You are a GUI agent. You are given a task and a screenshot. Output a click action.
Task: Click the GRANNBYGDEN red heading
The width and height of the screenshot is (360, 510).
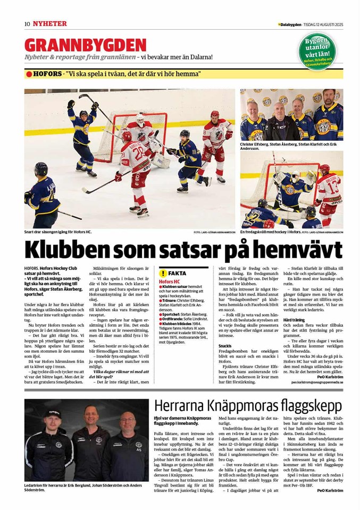pos(85,45)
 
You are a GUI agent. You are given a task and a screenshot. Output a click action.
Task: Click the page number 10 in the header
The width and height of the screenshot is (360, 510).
pos(27,24)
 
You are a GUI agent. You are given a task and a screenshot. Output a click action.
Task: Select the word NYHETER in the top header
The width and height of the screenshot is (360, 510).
pos(49,24)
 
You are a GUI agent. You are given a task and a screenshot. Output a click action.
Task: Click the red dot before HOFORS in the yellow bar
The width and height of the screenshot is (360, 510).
pos(29,73)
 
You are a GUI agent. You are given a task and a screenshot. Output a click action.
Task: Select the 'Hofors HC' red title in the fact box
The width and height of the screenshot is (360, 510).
pos(170,280)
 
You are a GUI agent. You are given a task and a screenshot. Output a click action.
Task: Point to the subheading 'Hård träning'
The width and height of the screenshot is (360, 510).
pos(294,320)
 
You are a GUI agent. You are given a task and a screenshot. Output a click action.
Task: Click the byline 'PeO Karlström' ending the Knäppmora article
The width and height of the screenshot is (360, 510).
pos(330,490)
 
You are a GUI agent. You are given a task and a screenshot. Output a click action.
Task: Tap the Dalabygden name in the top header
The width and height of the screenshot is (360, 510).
pos(290,24)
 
